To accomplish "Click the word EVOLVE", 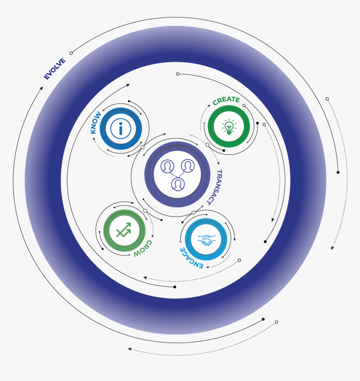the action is click(x=54, y=69).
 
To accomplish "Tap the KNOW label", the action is click(x=95, y=122).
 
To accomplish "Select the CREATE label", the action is click(x=226, y=101).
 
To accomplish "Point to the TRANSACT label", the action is click(x=215, y=187).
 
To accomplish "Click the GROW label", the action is click(x=143, y=248).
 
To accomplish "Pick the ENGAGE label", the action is click(x=191, y=258).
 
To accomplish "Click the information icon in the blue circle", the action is click(x=121, y=129).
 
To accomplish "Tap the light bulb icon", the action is click(x=229, y=127).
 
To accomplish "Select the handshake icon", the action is click(x=206, y=240).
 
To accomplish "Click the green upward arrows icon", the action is click(x=124, y=230).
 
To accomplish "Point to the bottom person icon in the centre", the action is click(x=178, y=184).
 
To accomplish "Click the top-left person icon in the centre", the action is click(x=167, y=166).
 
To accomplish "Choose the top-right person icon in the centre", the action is click(x=188, y=166).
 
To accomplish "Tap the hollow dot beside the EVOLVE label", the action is click(x=71, y=53).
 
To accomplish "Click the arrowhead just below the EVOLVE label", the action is click(x=41, y=88).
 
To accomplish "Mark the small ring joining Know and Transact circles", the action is click(x=142, y=147).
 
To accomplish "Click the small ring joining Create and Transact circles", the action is click(x=207, y=145).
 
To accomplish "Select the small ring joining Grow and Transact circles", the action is click(x=145, y=211).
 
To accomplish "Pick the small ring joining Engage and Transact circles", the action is click(x=193, y=213).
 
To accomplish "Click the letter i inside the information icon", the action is click(x=121, y=129).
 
